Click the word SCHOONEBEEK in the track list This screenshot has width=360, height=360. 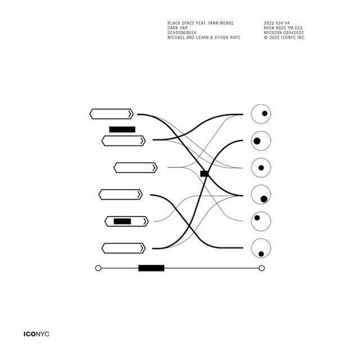point(182,33)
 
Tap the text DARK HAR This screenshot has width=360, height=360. point(178,28)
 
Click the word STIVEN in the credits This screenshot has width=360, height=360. point(222,38)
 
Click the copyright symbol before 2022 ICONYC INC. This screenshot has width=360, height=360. point(266,38)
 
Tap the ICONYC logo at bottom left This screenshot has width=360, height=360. point(36,334)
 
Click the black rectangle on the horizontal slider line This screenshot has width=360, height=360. point(151,268)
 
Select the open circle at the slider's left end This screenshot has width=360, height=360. point(98,268)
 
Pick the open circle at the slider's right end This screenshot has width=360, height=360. point(262,268)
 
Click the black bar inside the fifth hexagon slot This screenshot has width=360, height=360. point(123,221)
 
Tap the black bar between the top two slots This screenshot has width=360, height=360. point(122,129)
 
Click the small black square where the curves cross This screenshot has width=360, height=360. point(204,174)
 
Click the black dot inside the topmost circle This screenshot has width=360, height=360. point(265,114)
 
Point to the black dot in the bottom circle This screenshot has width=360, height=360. point(261,254)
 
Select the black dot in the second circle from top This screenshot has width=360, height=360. point(257,141)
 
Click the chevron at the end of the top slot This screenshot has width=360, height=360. point(130,114)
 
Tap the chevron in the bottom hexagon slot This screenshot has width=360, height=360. point(142,248)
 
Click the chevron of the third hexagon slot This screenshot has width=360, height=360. point(155,168)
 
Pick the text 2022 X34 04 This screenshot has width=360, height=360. point(277,23)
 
